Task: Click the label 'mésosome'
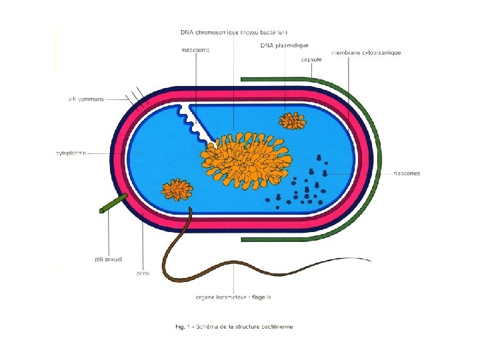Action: pos(195,49)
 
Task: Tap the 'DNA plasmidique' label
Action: pos(285,45)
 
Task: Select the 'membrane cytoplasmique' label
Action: pos(366,52)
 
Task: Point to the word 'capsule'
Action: pos(311,59)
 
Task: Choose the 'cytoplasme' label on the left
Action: pos(71,153)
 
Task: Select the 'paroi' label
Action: pos(142,273)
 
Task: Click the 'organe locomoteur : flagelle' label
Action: pos(233,297)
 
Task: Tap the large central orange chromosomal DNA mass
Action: pos(247,159)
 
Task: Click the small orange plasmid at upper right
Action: pos(292,121)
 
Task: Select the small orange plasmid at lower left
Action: pos(177,189)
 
